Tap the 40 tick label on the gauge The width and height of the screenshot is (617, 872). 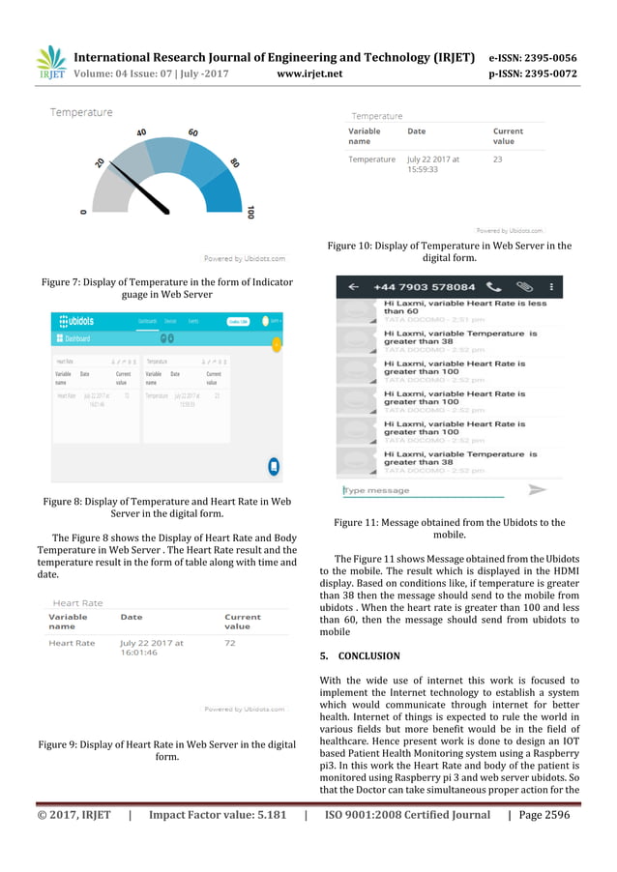141,132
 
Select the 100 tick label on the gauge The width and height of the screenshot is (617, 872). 251,212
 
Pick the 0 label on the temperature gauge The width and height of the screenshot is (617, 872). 84,211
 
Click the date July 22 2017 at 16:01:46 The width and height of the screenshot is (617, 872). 153,648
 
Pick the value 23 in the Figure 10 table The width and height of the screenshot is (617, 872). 498,159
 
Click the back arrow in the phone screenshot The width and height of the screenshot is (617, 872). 354,287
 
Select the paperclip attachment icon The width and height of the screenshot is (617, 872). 523,287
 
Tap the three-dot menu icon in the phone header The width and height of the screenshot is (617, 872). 551,287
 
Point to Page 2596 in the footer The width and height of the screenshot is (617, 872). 544,815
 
